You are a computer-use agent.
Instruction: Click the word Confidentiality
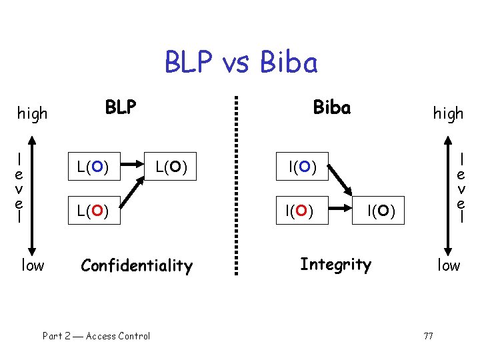point(136,266)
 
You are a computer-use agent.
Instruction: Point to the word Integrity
point(335,265)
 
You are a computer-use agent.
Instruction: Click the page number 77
point(428,335)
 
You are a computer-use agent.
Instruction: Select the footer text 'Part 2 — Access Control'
point(96,336)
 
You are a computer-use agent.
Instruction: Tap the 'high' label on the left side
point(32,113)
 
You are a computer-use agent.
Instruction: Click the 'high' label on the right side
point(448,113)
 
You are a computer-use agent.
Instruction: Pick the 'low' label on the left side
point(33,265)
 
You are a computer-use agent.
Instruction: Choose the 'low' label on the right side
point(449,265)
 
